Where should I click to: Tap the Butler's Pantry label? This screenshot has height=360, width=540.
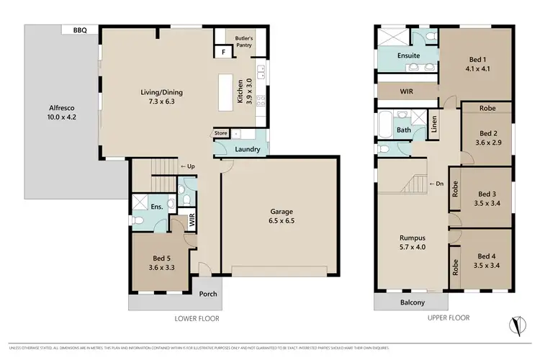click(x=238, y=40)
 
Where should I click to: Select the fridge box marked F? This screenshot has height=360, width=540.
click(x=223, y=53)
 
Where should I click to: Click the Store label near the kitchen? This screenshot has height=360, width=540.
click(x=221, y=133)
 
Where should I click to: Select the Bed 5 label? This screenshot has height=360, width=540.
click(x=162, y=262)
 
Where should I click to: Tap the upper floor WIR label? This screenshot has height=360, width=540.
click(x=406, y=92)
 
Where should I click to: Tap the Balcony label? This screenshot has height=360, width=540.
click(x=412, y=303)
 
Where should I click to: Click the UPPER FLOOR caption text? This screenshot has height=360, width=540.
click(x=449, y=318)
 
